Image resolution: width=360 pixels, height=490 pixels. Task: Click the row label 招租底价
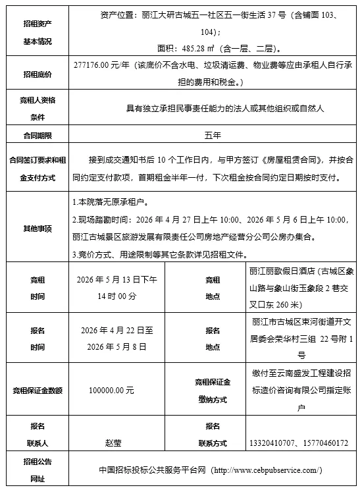pyautogui.click(x=38, y=74)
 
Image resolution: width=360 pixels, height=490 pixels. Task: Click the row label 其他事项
pyautogui.click(x=38, y=228)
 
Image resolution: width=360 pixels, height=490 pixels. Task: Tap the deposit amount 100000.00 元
pyautogui.click(x=111, y=390)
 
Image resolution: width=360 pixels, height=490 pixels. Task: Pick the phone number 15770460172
pyautogui.click(x=324, y=443)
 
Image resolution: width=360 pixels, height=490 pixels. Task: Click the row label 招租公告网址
pyautogui.click(x=38, y=470)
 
